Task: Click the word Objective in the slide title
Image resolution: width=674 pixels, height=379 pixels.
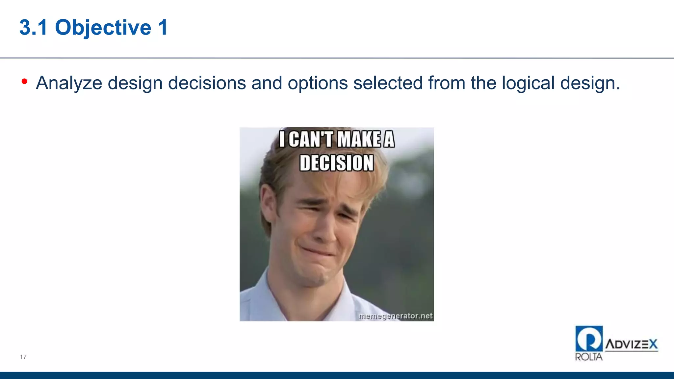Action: point(103,27)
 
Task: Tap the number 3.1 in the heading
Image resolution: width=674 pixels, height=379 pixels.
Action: point(34,27)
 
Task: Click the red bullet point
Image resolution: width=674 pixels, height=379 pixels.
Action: point(24,81)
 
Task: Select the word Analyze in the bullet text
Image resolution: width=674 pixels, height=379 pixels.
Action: point(69,83)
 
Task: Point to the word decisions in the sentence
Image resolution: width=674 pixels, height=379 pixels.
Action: point(207,83)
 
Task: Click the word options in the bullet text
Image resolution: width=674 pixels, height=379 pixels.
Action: point(318,83)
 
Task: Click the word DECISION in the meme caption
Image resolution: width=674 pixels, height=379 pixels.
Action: point(336,163)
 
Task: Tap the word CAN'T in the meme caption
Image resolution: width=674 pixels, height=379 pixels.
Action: point(311,139)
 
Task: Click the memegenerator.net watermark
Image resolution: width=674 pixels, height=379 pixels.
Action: point(395,316)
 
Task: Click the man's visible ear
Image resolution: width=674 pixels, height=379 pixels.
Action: point(268,204)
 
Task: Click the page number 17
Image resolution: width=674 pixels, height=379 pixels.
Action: point(23,357)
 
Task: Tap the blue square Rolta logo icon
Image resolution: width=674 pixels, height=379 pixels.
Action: point(589,339)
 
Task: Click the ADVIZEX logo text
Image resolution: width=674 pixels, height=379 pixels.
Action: point(631,344)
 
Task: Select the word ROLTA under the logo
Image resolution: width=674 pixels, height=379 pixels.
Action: point(589,357)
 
